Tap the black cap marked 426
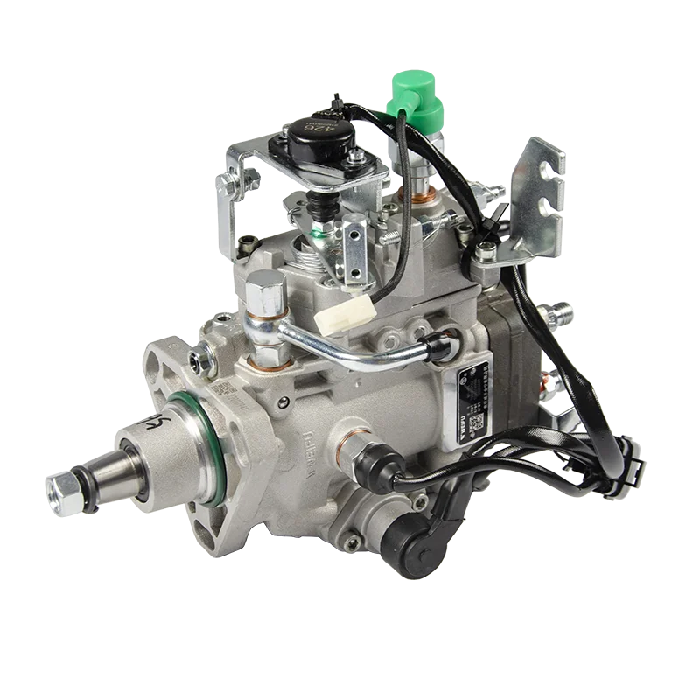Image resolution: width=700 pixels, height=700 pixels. pyautogui.click(x=317, y=135)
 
